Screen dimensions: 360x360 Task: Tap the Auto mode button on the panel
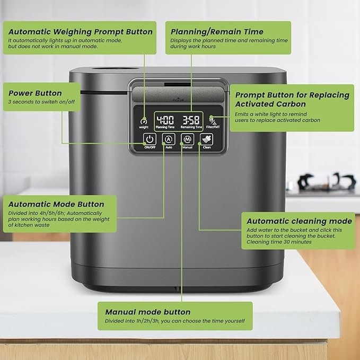pos(169,139)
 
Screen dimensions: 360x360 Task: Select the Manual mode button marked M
pos(188,139)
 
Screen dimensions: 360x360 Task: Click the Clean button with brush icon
pos(207,139)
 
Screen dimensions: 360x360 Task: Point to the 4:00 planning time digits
pos(165,120)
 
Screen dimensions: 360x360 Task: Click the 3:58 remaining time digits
pos(191,120)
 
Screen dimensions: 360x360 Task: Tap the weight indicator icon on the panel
pos(144,121)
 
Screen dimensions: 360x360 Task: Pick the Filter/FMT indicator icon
pos(213,120)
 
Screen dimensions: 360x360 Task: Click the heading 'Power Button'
pos(35,93)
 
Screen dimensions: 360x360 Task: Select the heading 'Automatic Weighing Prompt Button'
pos(81,32)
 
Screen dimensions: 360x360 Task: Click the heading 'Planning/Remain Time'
pos(217,32)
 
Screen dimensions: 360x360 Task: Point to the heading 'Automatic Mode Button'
pos(56,204)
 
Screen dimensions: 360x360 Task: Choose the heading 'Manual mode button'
pos(148,312)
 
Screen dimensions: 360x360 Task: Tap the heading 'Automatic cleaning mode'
pos(299,221)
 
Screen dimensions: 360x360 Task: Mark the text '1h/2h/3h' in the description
pos(147,321)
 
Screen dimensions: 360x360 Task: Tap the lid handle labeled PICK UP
pos(178,94)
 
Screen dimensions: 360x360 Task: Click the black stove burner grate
pos(326,181)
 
